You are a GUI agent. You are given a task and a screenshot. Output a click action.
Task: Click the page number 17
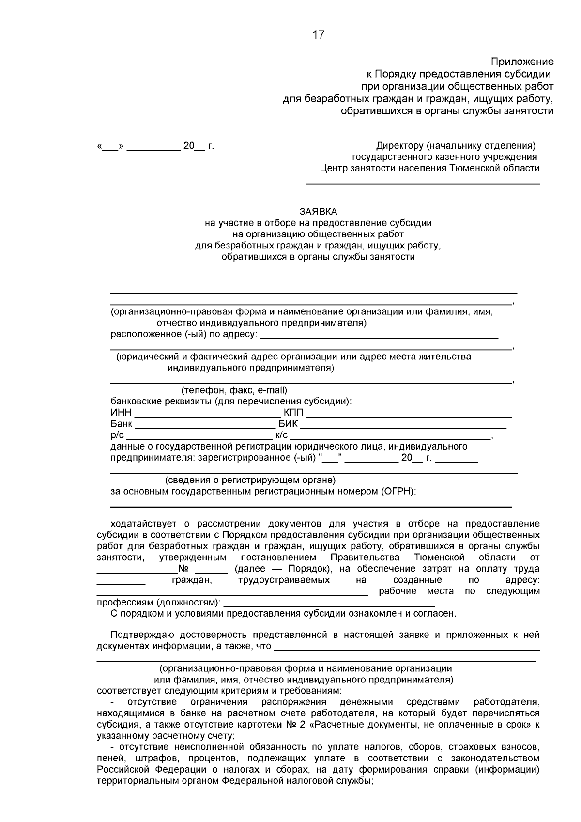pos(319,35)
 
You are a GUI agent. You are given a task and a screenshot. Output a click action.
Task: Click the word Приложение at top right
pos(522,62)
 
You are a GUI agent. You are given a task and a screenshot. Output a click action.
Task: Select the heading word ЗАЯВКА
pos(318,212)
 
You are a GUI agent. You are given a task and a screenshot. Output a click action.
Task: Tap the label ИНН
pos(121,413)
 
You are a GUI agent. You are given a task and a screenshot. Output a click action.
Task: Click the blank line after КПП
pos(409,416)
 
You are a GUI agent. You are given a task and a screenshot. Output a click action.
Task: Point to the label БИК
pos(288,424)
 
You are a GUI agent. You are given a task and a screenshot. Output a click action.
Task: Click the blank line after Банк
pos(204,427)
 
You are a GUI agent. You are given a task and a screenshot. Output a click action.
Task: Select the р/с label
pos(117,435)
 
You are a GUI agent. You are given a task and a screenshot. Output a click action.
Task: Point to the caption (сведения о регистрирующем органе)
pos(250,480)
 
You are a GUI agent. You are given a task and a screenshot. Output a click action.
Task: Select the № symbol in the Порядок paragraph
pos(183,569)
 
